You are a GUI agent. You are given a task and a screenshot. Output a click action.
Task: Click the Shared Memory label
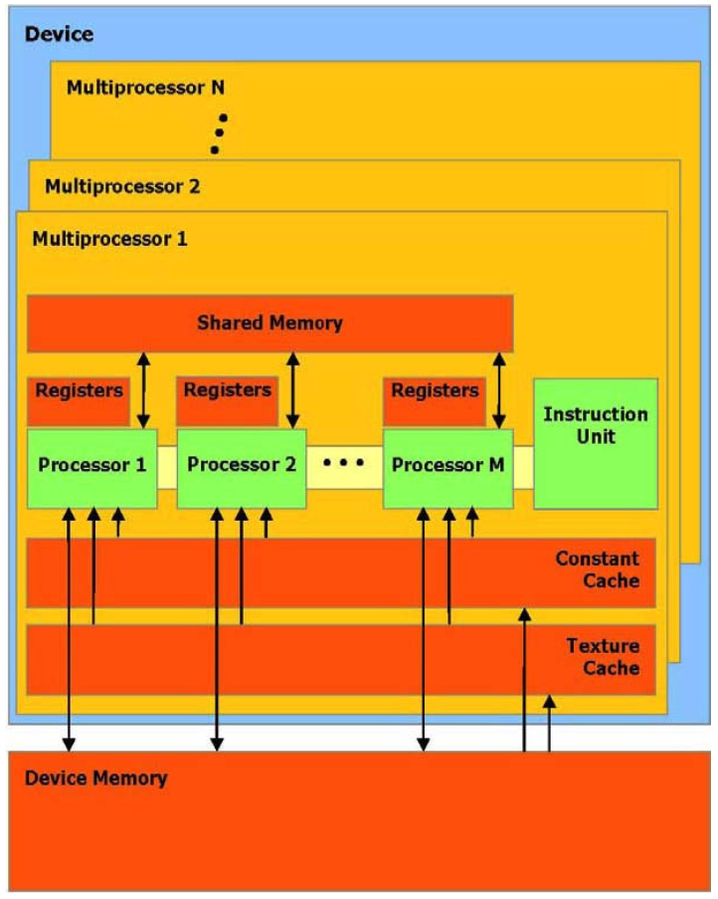pyautogui.click(x=269, y=323)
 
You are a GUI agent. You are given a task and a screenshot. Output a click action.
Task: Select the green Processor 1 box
pyautogui.click(x=91, y=465)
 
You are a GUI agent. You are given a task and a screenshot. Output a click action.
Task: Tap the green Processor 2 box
pyautogui.click(x=241, y=465)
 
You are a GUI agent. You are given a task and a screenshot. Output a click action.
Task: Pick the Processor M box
pyautogui.click(x=448, y=465)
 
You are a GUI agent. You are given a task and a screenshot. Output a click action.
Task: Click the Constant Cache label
pyautogui.click(x=597, y=569)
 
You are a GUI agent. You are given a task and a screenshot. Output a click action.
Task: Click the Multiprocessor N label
pyautogui.click(x=145, y=87)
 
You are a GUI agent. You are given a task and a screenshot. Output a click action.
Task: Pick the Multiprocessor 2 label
pyautogui.click(x=122, y=185)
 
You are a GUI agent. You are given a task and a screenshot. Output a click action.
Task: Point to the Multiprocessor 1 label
pyautogui.click(x=110, y=239)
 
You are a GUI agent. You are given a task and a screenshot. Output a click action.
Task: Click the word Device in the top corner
pyautogui.click(x=59, y=35)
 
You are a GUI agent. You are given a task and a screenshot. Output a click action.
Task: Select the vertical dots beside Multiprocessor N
pyautogui.click(x=220, y=133)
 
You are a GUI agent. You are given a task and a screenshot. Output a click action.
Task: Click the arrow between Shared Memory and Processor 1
pyautogui.click(x=143, y=389)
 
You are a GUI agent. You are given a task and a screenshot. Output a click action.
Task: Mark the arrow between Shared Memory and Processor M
pyautogui.click(x=499, y=389)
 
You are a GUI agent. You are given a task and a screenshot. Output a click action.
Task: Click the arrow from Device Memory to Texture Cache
pyautogui.click(x=548, y=722)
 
